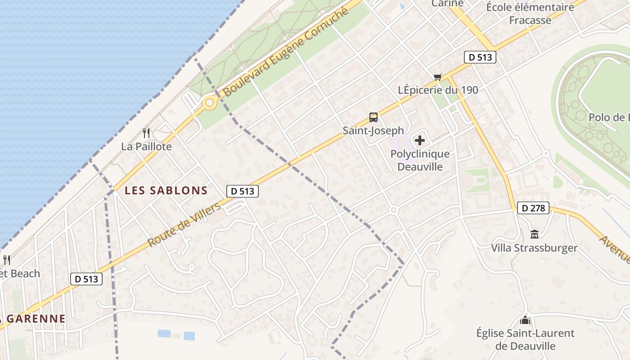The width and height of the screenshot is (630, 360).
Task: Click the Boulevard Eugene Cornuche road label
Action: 286,52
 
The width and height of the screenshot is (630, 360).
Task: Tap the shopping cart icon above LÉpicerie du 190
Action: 437,77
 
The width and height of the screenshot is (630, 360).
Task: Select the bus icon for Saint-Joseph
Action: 373,117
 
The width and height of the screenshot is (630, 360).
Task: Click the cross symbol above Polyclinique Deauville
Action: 420,140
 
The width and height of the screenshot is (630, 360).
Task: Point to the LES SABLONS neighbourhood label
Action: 166,190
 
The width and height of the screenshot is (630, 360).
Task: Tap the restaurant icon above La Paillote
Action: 146,133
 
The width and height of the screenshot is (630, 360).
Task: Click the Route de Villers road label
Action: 184,225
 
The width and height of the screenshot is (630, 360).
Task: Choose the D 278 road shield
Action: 533,208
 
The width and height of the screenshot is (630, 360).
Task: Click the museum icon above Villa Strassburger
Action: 535,234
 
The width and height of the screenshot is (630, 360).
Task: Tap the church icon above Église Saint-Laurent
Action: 525,320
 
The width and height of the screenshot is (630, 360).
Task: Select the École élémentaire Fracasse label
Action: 530,13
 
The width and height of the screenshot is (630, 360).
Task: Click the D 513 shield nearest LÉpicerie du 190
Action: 480,57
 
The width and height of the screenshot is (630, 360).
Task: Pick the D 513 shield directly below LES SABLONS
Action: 243,191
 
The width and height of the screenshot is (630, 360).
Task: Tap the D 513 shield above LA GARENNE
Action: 87,279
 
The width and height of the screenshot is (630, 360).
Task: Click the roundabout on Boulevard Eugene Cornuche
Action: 209,103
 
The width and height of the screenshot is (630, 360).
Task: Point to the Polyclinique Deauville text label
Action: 420,160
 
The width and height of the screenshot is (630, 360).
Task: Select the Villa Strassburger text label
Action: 534,248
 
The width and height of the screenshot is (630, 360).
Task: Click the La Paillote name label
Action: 146,147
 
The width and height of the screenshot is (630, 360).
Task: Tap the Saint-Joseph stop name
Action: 373,130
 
